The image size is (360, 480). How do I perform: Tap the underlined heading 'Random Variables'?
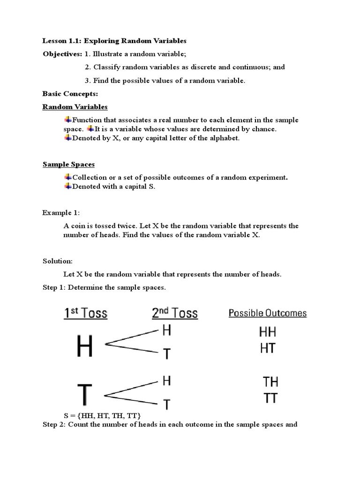point(75,107)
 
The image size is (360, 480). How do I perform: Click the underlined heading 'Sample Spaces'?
point(68,164)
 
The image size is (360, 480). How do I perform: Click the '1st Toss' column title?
point(86,313)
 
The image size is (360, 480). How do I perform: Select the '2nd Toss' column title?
point(175,313)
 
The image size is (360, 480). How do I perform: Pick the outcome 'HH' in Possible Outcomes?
point(268,332)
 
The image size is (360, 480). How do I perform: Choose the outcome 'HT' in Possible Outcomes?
point(267,348)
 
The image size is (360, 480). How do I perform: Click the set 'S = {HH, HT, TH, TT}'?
point(102,416)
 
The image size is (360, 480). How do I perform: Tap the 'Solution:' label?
point(58,261)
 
